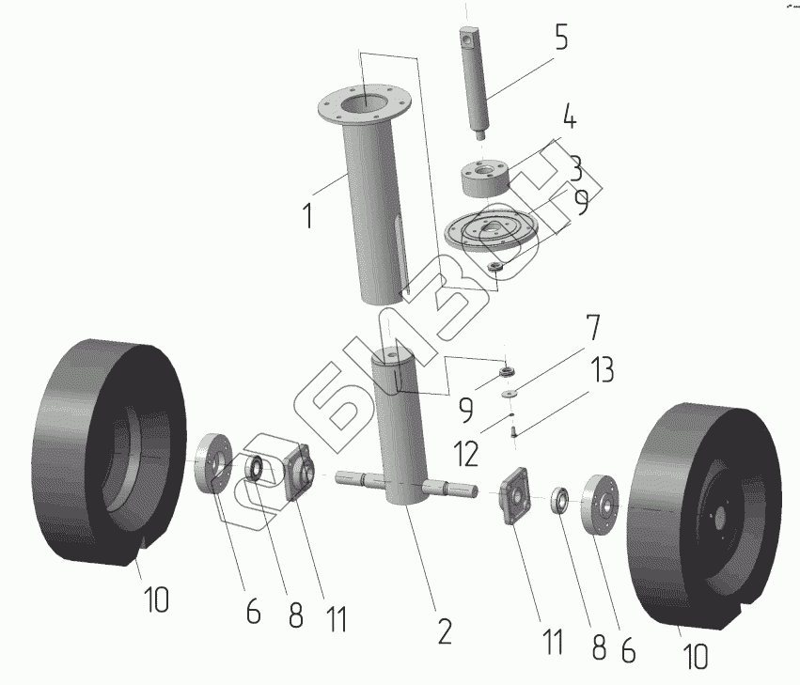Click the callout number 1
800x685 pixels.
pos(307,216)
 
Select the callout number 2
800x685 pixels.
pos(444,631)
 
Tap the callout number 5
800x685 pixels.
pos(561,39)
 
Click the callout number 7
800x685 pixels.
pos(592,329)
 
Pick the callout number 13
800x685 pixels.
pos(602,369)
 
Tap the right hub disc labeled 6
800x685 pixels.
pos(598,506)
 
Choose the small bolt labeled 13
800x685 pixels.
pos(513,432)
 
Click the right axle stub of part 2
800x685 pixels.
pos(456,489)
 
